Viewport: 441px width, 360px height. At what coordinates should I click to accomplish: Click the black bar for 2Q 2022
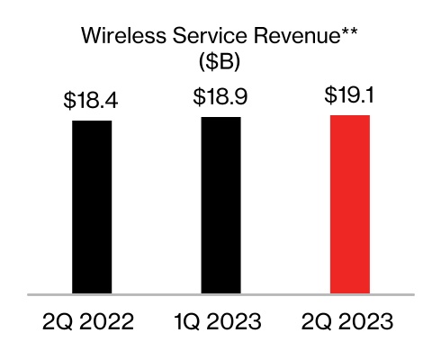pos(92,206)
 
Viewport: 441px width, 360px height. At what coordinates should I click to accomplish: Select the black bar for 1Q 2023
pos(220,204)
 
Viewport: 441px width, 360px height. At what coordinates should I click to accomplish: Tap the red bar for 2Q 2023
pos(350,203)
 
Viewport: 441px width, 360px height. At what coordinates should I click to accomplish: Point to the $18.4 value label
pos(92,101)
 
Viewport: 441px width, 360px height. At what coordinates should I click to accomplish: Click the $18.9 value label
pos(220,97)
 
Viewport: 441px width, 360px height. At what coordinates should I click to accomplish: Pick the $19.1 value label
pos(350,95)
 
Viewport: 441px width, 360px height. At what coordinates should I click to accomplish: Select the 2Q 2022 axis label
pos(92,321)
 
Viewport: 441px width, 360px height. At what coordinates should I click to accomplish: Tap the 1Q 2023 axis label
pos(220,321)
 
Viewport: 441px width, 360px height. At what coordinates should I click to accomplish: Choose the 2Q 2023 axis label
pos(350,321)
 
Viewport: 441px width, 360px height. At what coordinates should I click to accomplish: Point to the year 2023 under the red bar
pos(369,321)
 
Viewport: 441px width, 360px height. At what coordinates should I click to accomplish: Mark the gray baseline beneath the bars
pos(220,294)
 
